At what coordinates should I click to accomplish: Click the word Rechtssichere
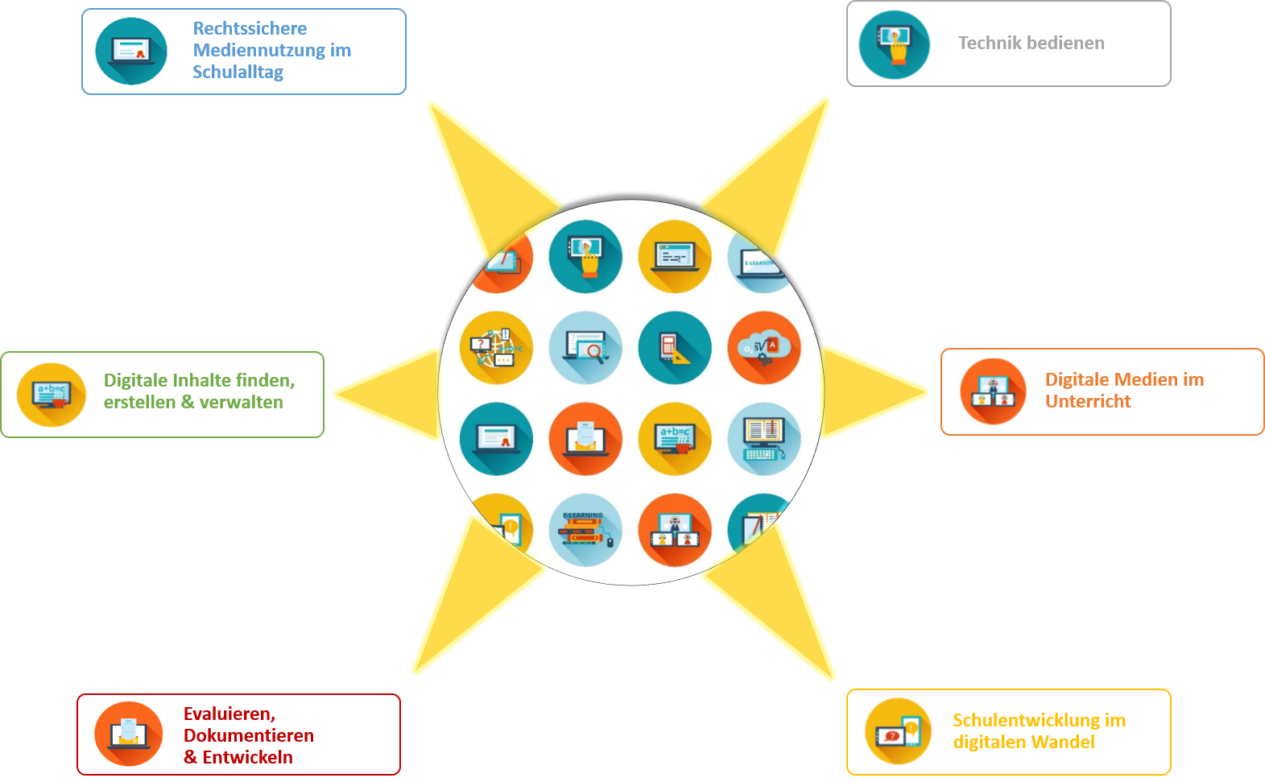tap(250, 28)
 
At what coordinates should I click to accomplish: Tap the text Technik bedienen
tap(1031, 43)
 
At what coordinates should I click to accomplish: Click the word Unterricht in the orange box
tap(1088, 401)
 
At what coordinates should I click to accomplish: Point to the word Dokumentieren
tap(249, 735)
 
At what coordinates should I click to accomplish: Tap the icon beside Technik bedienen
tap(894, 44)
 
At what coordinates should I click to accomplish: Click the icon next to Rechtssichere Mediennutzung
tap(131, 52)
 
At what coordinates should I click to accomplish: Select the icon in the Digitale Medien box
tap(993, 391)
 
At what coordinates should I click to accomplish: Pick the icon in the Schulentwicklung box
tap(898, 731)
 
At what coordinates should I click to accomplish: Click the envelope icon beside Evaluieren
tap(129, 734)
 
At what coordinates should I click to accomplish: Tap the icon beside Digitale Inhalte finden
tap(52, 395)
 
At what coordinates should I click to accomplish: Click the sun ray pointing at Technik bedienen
tap(773, 177)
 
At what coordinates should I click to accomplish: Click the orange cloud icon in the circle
tap(764, 348)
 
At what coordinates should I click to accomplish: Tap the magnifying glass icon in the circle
tap(585, 348)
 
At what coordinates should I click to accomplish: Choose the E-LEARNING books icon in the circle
tap(585, 530)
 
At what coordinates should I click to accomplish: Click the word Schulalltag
tap(238, 72)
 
